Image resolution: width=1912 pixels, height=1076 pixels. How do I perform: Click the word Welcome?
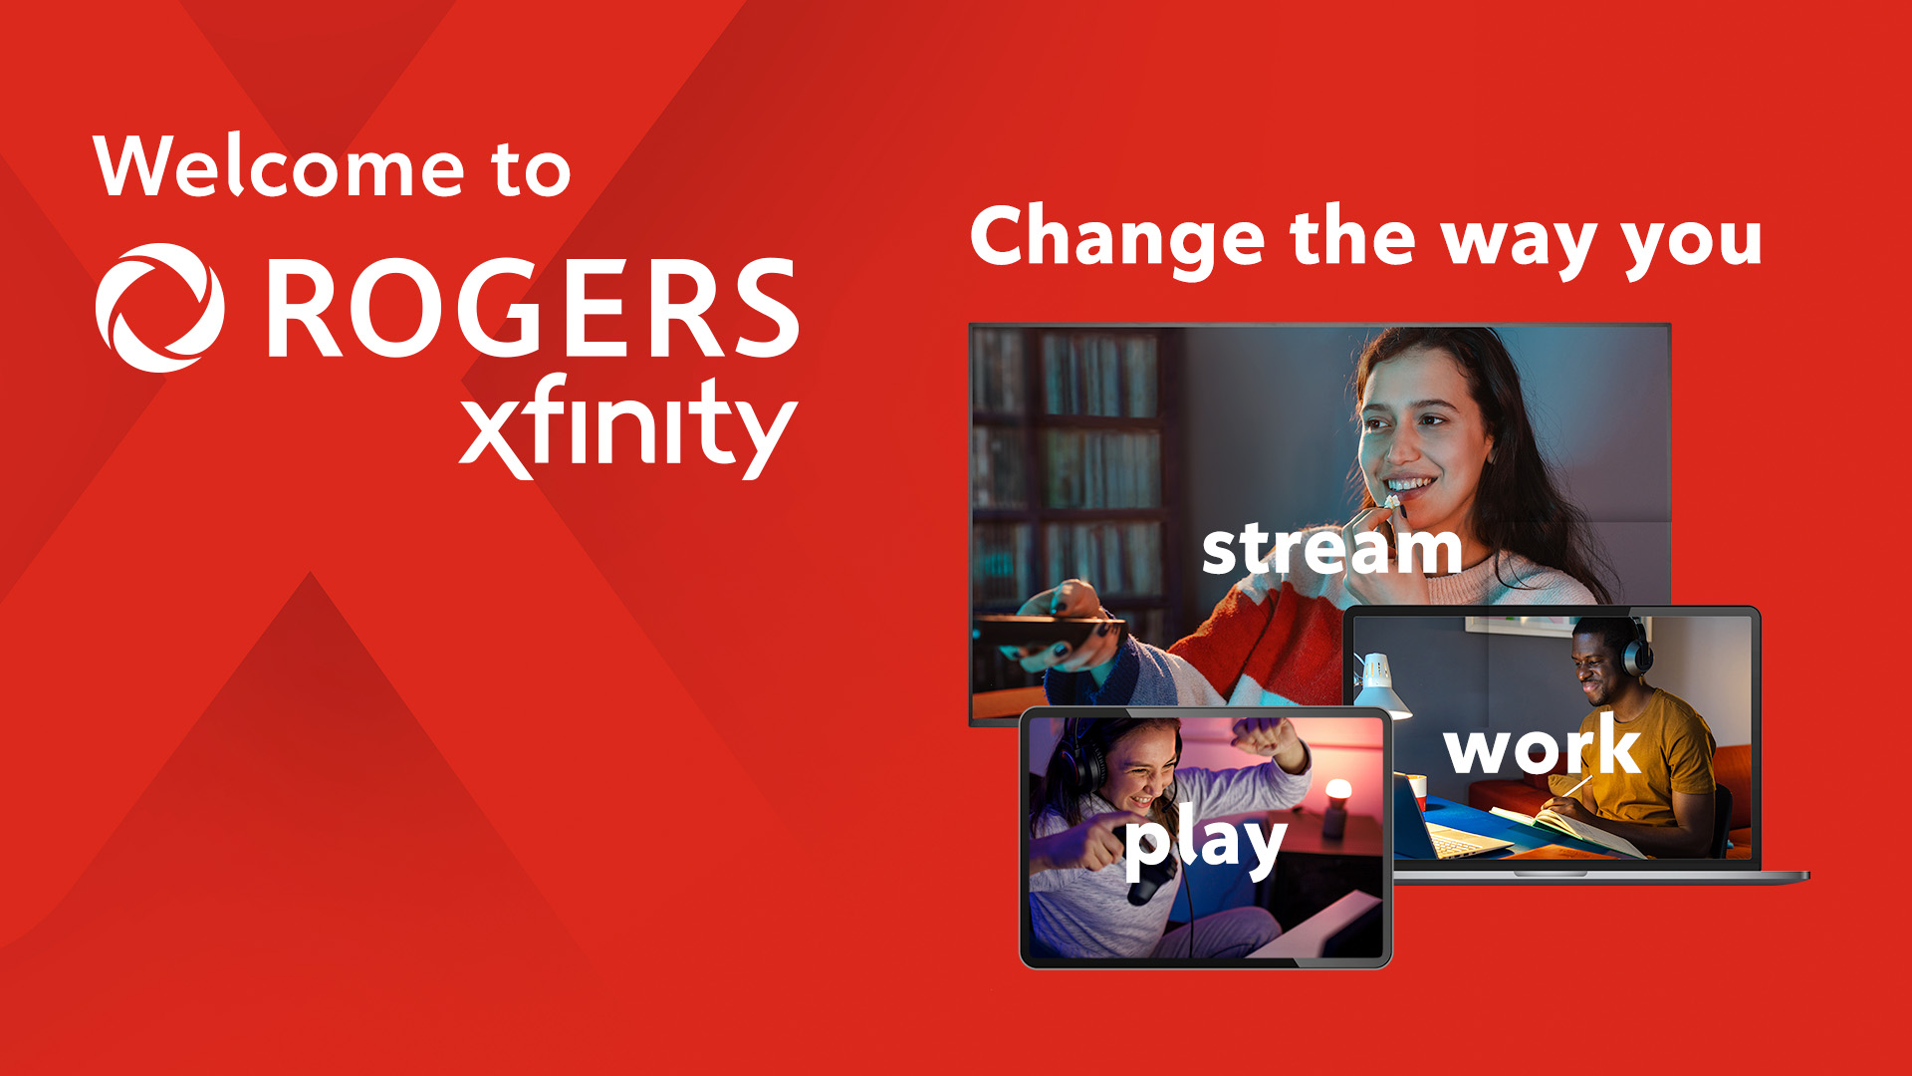click(279, 166)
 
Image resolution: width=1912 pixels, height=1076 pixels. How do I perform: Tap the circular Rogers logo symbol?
click(159, 308)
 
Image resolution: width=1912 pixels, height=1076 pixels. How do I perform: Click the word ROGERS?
click(533, 308)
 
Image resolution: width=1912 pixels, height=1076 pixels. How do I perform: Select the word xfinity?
click(627, 428)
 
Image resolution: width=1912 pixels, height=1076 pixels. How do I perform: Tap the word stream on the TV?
click(1330, 549)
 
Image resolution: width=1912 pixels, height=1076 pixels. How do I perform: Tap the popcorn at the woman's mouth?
click(1391, 502)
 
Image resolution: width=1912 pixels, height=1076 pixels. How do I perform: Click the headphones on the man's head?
click(1634, 649)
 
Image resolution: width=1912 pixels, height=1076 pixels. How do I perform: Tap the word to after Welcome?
click(530, 169)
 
